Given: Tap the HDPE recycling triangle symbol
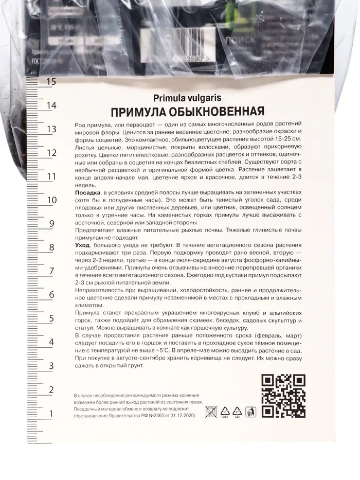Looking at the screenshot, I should (224, 411).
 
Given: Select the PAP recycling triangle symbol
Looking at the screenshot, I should (237, 411).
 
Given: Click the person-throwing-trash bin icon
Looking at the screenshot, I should (250, 411).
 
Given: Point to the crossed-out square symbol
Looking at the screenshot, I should (211, 411).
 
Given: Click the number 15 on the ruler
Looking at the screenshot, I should (51, 81).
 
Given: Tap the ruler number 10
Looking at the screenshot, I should (51, 200).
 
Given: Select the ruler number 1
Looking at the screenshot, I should (51, 413).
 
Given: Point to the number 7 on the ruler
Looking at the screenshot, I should (51, 271).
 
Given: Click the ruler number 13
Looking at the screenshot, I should (51, 129).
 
